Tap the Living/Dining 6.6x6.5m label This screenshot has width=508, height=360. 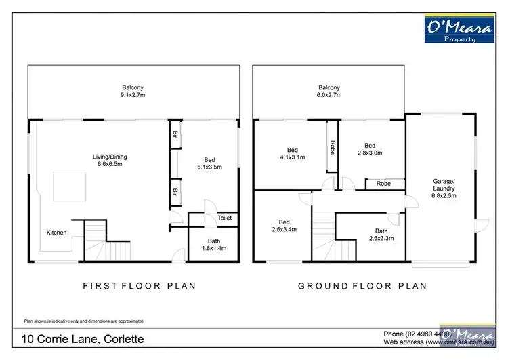pos(110,161)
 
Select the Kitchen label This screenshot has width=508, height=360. pos(56,233)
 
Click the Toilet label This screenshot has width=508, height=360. pos(224,218)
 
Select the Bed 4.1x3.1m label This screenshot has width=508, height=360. pos(292,154)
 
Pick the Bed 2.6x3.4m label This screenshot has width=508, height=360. pos(284,226)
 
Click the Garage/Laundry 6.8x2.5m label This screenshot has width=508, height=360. pos(444,188)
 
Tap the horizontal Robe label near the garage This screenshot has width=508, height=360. pos(383,183)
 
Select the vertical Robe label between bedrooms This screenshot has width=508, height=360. pos(333,148)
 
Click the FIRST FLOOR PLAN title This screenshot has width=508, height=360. pos(139,286)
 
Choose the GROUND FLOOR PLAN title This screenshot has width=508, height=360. pos(362,286)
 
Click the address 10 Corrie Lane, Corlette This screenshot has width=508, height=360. pos(83,339)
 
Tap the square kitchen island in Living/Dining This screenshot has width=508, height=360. pos(70,186)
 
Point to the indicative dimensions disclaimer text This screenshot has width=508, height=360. pos(83,321)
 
